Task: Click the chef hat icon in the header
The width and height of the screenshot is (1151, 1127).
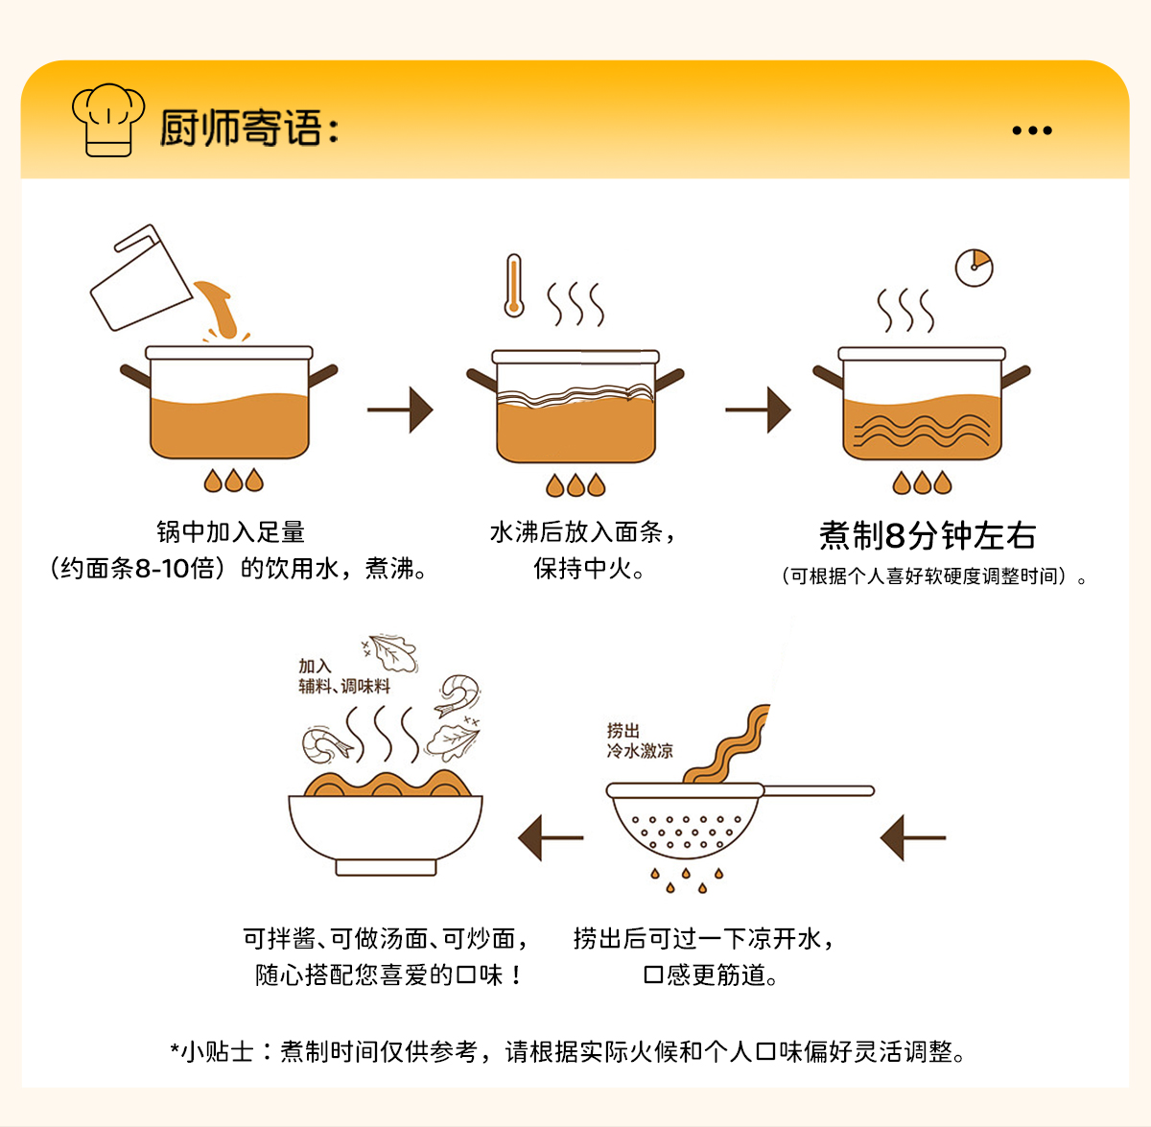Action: click(x=107, y=119)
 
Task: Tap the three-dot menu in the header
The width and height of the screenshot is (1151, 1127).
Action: click(x=1032, y=130)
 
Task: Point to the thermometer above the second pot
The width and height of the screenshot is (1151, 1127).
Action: click(x=514, y=285)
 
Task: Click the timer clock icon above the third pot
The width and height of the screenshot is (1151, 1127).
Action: click(x=974, y=268)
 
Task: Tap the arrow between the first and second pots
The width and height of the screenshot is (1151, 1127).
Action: click(x=401, y=410)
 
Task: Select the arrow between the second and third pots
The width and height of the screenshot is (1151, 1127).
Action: click(x=759, y=410)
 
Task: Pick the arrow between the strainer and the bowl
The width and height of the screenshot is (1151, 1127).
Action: click(x=551, y=837)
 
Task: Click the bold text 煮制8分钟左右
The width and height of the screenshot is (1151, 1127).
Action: click(x=927, y=535)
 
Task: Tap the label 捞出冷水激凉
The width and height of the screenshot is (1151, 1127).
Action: click(x=639, y=740)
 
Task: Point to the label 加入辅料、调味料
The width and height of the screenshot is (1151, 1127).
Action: click(x=343, y=676)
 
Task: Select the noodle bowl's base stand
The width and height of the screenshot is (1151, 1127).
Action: click(x=386, y=867)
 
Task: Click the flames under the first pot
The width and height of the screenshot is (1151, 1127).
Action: click(x=233, y=480)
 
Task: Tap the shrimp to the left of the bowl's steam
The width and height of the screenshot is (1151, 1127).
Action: click(x=325, y=745)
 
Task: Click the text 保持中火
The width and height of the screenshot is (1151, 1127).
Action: click(x=588, y=569)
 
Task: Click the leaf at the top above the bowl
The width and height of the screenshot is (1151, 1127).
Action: click(x=392, y=652)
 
